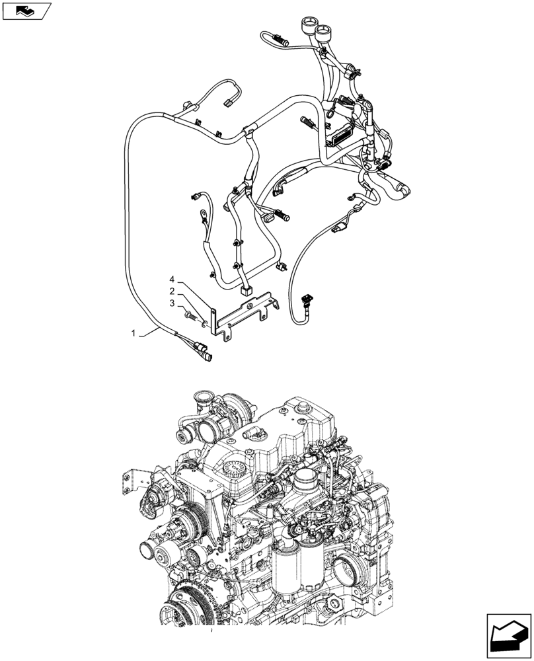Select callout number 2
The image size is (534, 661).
tap(171, 291)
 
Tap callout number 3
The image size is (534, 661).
tap(171, 303)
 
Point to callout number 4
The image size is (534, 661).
tap(171, 278)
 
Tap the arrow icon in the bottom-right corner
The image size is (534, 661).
tap(508, 635)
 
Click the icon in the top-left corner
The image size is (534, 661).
tap(26, 11)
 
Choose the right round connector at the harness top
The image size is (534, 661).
tap(324, 30)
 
